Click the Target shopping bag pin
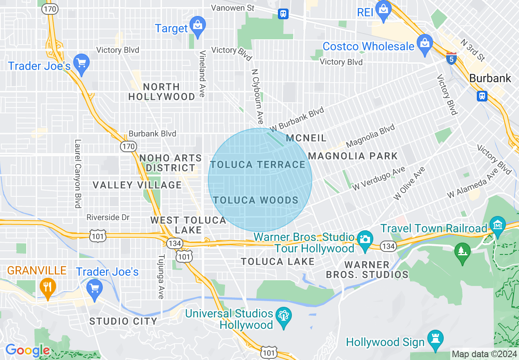[198, 25]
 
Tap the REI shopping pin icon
[384, 10]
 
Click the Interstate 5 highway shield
[451, 58]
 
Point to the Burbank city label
[490, 78]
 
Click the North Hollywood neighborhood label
[162, 92]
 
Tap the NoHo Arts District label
[171, 163]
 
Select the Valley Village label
[137, 185]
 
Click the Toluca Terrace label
[258, 164]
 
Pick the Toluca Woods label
[256, 200]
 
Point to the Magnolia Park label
[353, 156]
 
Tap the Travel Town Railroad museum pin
[498, 226]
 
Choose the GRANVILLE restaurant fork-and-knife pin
[47, 286]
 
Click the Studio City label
[123, 321]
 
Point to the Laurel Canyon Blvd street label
[77, 173]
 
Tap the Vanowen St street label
[232, 8]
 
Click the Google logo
[27, 351]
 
